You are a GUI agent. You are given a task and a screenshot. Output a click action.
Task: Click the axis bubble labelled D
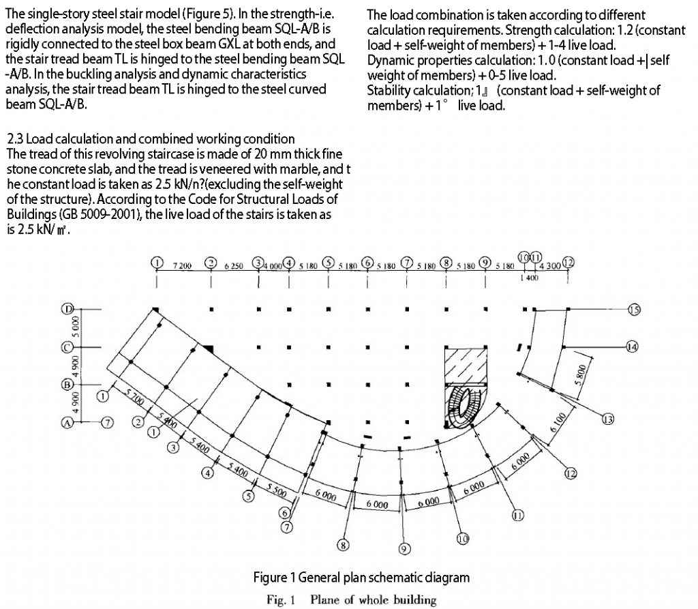(68, 309)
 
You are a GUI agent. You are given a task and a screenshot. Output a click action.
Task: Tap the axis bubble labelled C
(68, 347)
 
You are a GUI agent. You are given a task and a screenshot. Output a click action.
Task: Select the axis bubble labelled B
(68, 385)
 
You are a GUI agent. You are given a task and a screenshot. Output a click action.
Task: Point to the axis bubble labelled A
(67, 423)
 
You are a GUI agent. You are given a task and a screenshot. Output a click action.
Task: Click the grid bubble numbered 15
(633, 310)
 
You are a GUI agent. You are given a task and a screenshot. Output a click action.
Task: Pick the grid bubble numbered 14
(632, 347)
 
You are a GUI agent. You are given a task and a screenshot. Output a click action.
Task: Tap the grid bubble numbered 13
(608, 419)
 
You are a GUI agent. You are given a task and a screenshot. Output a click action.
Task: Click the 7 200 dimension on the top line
(184, 265)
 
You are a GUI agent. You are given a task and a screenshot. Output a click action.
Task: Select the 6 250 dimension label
(234, 265)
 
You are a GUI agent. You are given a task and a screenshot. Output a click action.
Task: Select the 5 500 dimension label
(276, 489)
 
